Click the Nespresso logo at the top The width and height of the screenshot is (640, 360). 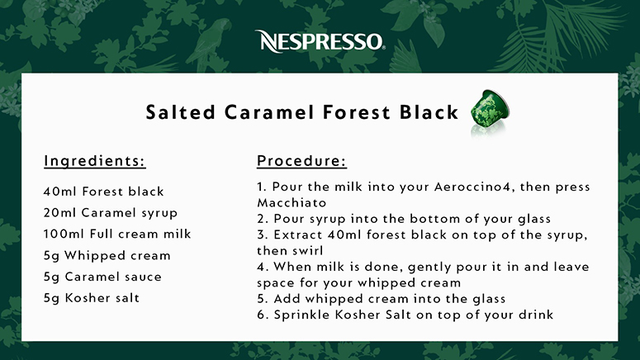tap(320, 41)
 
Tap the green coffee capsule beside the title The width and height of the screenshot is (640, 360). tap(490, 108)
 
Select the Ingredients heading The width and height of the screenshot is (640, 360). tap(95, 161)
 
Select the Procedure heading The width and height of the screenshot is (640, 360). tap(301, 161)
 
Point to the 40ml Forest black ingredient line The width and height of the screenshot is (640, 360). tap(104, 192)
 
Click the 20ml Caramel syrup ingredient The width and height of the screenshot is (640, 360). tap(111, 213)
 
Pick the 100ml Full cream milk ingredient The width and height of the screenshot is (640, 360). tap(117, 234)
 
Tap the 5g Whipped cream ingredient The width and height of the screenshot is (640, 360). tap(107, 255)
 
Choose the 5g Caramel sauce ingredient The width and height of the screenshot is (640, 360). tap(102, 277)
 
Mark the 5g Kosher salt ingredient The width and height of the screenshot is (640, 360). tap(92, 298)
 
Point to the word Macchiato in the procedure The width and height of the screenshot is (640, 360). tap(292, 203)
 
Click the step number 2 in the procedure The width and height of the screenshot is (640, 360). tap(262, 219)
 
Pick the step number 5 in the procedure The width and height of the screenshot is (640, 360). tap(262, 299)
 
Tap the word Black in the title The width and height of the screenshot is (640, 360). tap(429, 112)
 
